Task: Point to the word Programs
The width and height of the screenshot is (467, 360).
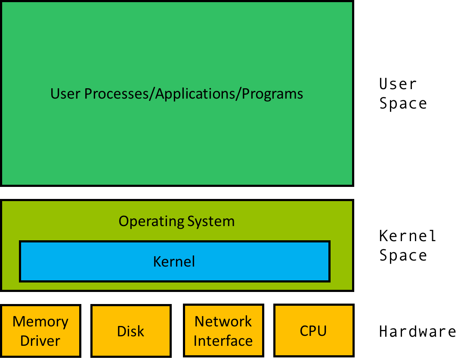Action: point(272,94)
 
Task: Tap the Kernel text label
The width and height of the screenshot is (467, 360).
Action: point(174,261)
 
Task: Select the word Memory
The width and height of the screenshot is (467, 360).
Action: point(40,322)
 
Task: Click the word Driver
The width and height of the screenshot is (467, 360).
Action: point(40,341)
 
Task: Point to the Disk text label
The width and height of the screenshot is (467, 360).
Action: point(131,331)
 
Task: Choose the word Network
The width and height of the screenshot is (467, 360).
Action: point(223,322)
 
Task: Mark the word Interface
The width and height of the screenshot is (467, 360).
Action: point(223,341)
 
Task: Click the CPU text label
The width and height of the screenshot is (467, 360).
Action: point(313,331)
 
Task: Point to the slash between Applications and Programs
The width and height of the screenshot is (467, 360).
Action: point(238,94)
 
